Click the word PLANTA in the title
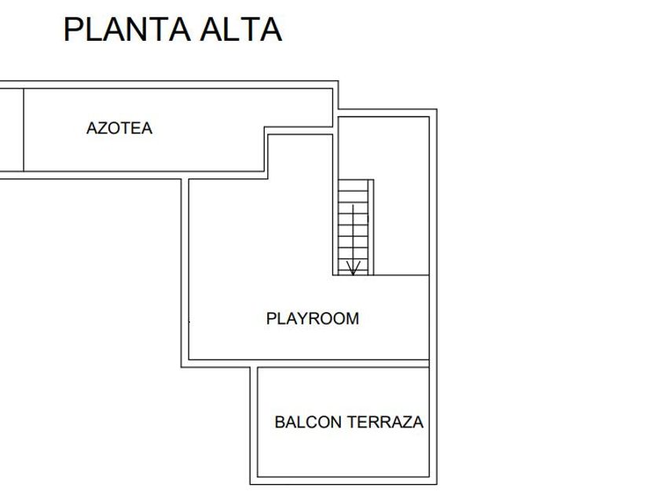click(126, 29)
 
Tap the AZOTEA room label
click(119, 128)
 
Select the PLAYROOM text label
click(313, 318)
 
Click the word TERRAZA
click(385, 422)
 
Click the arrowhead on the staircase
click(354, 269)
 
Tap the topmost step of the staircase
click(353, 185)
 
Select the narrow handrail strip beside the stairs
click(371, 228)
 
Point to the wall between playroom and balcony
click(346, 363)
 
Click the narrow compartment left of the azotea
click(11, 130)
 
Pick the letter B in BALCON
click(280, 422)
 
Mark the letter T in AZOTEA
click(127, 128)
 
